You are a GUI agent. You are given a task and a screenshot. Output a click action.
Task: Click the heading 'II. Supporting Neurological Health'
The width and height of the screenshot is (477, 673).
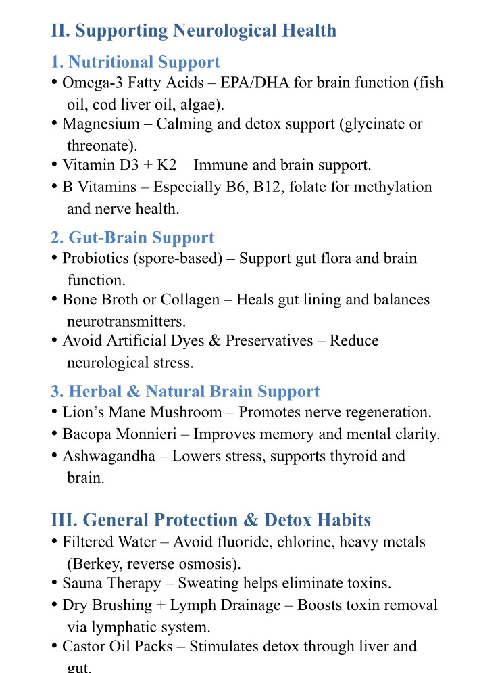coord(193,30)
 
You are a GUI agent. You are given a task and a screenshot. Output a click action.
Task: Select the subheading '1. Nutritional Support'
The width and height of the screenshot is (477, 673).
coord(135,62)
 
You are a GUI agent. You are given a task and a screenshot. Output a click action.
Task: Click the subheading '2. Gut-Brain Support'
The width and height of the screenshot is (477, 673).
coord(132,237)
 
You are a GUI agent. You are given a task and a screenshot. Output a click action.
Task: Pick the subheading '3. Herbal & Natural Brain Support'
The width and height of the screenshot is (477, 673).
coord(185,392)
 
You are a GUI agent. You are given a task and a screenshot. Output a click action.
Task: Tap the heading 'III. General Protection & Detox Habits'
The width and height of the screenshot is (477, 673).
coord(211,519)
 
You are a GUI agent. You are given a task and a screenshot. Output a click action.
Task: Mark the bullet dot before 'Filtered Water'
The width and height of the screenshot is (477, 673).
coord(54,541)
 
